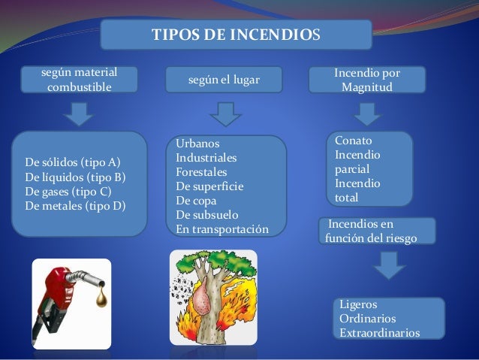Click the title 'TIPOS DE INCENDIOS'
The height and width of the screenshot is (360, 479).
pos(236,35)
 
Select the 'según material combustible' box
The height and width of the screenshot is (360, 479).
pos(79,80)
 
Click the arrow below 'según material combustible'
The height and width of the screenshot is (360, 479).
pos(77,113)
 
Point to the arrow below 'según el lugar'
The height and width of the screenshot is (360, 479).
pos(224,115)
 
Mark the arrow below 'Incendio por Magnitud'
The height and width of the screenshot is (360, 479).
pos(368,114)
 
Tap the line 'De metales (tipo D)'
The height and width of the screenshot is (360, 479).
pos(76,205)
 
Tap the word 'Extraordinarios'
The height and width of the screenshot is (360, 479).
pos(380,333)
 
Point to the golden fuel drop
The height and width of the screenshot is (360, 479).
pos(98,301)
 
